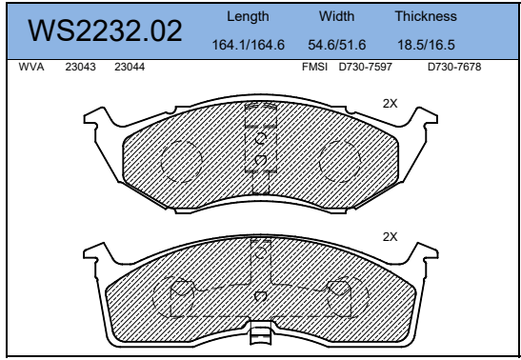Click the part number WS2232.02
tap(105, 31)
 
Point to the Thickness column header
tap(425, 17)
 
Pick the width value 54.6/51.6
tap(336, 45)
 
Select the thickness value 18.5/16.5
tap(426, 45)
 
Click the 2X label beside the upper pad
tap(389, 103)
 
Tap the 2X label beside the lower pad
tap(389, 236)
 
